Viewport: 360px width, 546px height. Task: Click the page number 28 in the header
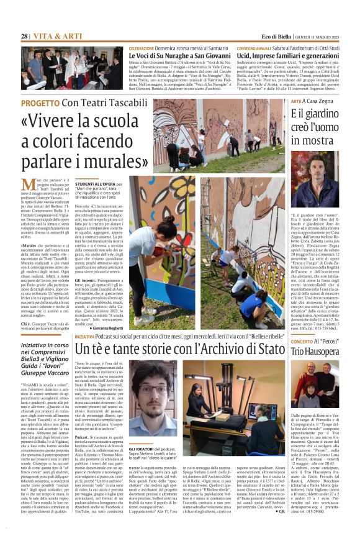coord(24,37)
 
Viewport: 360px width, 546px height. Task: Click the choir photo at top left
coord(73,68)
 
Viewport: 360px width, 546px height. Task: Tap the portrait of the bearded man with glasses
coord(153,397)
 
